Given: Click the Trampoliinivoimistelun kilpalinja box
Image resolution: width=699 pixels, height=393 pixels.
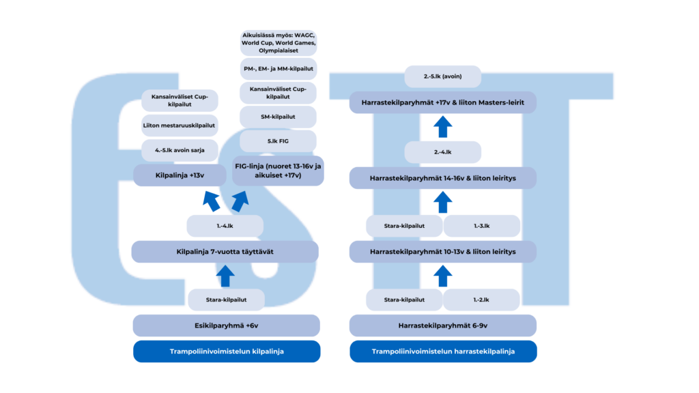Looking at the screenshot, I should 226,351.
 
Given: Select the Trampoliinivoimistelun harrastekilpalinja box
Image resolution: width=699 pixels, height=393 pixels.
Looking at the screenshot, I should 443,351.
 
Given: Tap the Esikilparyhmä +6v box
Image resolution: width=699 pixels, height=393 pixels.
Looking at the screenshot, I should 226,325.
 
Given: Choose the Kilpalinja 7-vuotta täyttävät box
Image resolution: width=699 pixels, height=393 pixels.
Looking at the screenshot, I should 225,252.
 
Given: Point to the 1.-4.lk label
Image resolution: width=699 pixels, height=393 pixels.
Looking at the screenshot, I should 225,226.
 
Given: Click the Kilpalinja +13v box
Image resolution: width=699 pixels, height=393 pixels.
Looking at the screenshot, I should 180,175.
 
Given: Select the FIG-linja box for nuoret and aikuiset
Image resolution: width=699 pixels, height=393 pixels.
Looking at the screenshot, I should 278,171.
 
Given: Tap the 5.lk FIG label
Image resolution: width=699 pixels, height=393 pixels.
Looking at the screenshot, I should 278,141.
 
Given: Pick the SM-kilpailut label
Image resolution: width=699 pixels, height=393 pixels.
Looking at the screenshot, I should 278,117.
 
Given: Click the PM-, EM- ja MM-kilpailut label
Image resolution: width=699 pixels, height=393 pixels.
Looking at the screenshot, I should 278,69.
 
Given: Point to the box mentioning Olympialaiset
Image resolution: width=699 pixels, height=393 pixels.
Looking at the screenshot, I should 278,42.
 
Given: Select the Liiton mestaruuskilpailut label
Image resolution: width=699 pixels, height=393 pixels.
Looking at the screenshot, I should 180,126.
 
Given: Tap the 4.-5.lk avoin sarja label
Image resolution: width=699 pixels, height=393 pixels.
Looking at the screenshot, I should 180,150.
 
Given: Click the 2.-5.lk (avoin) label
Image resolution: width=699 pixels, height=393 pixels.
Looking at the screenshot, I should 442,76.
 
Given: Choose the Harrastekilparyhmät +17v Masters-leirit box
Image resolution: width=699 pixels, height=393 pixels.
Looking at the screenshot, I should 442,103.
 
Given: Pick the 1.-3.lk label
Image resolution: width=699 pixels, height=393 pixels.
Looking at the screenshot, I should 482,226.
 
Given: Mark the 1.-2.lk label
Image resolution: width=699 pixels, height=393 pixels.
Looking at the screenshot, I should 482,300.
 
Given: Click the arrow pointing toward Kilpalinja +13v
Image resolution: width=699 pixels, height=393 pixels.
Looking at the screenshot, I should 211,201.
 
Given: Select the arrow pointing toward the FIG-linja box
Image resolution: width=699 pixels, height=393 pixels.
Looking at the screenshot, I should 239,201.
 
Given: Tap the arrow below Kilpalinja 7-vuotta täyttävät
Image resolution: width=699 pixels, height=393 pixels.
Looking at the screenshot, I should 225,276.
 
